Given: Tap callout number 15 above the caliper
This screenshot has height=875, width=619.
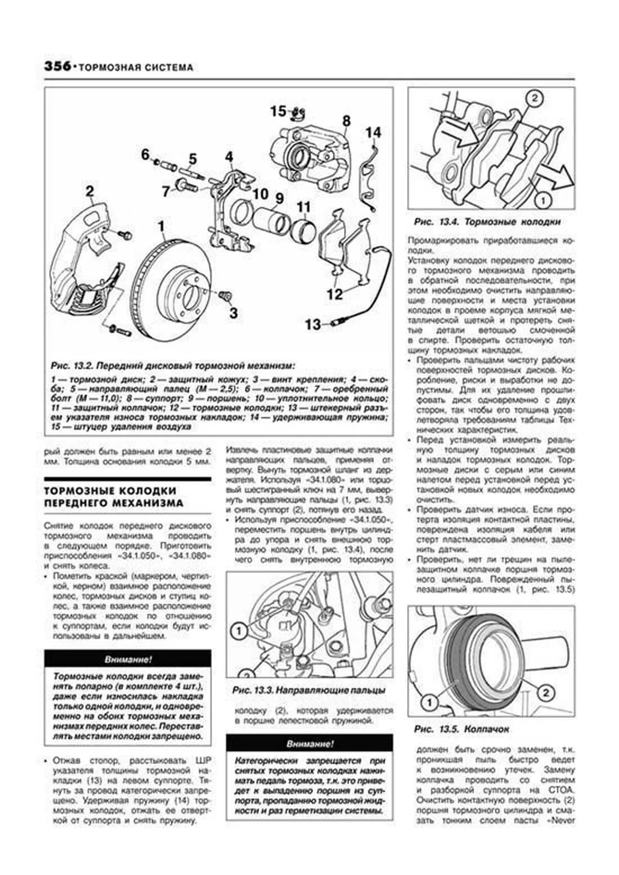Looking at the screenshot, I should pos(278,111).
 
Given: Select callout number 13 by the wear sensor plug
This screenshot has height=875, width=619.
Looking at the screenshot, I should pos(313,324).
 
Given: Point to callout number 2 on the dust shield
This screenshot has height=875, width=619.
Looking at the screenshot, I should pos(90,192).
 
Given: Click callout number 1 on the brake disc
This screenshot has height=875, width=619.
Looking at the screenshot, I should pos(161,226).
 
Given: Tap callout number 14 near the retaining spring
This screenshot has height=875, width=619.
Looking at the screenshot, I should pos(373,133).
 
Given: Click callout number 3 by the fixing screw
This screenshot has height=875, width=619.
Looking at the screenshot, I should pos(234,312).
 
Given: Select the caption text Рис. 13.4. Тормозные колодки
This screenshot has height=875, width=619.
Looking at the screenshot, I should pos(487,222).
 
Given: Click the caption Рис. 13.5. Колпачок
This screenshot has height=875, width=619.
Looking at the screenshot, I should pos(461,729).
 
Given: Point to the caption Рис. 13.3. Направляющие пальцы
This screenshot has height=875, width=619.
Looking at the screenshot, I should pos(308,690).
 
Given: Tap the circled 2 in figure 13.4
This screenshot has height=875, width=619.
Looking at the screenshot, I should pos(534,98).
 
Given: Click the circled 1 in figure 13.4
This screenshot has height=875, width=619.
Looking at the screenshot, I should pos(543,198).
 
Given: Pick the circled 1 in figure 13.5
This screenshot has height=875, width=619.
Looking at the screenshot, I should pos(429,702).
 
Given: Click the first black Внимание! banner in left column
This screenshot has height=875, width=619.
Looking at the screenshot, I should pos(128,659).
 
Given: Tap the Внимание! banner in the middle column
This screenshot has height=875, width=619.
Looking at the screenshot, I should pos(309,744).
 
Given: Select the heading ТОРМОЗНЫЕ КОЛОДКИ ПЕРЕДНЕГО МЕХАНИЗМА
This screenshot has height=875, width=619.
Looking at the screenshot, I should pos(113,497).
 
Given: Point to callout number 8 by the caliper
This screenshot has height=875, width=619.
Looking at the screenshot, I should pos(346,121).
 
